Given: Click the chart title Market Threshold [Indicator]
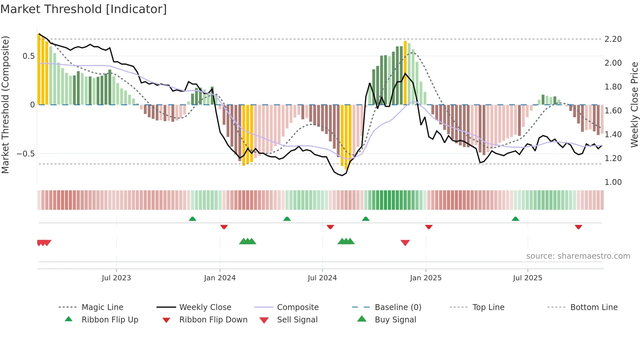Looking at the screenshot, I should [84, 9].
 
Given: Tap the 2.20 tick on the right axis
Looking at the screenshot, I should [613, 39].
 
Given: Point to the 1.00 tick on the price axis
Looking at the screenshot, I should [613, 182].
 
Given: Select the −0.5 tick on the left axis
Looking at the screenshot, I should [26, 154].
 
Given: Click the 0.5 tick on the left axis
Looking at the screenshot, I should [28, 56].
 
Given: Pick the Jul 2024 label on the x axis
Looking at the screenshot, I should [322, 278].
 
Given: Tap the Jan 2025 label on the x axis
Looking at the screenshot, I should [425, 278].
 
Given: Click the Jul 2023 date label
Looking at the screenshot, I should [116, 278].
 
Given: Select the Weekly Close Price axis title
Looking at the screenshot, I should [634, 105].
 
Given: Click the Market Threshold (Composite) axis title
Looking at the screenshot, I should [5, 105].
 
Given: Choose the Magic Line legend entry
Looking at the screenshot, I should [102, 307].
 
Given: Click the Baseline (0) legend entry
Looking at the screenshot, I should [398, 307].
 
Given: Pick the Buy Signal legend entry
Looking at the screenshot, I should [395, 320].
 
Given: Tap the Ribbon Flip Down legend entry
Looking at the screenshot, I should [213, 320].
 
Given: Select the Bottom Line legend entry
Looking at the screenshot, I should [594, 307].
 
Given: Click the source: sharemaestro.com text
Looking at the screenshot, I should [578, 256].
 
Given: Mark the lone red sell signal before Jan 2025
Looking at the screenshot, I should [405, 243].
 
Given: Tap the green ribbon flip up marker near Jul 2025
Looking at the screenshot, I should [515, 219].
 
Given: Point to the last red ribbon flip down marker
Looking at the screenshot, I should [578, 227].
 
